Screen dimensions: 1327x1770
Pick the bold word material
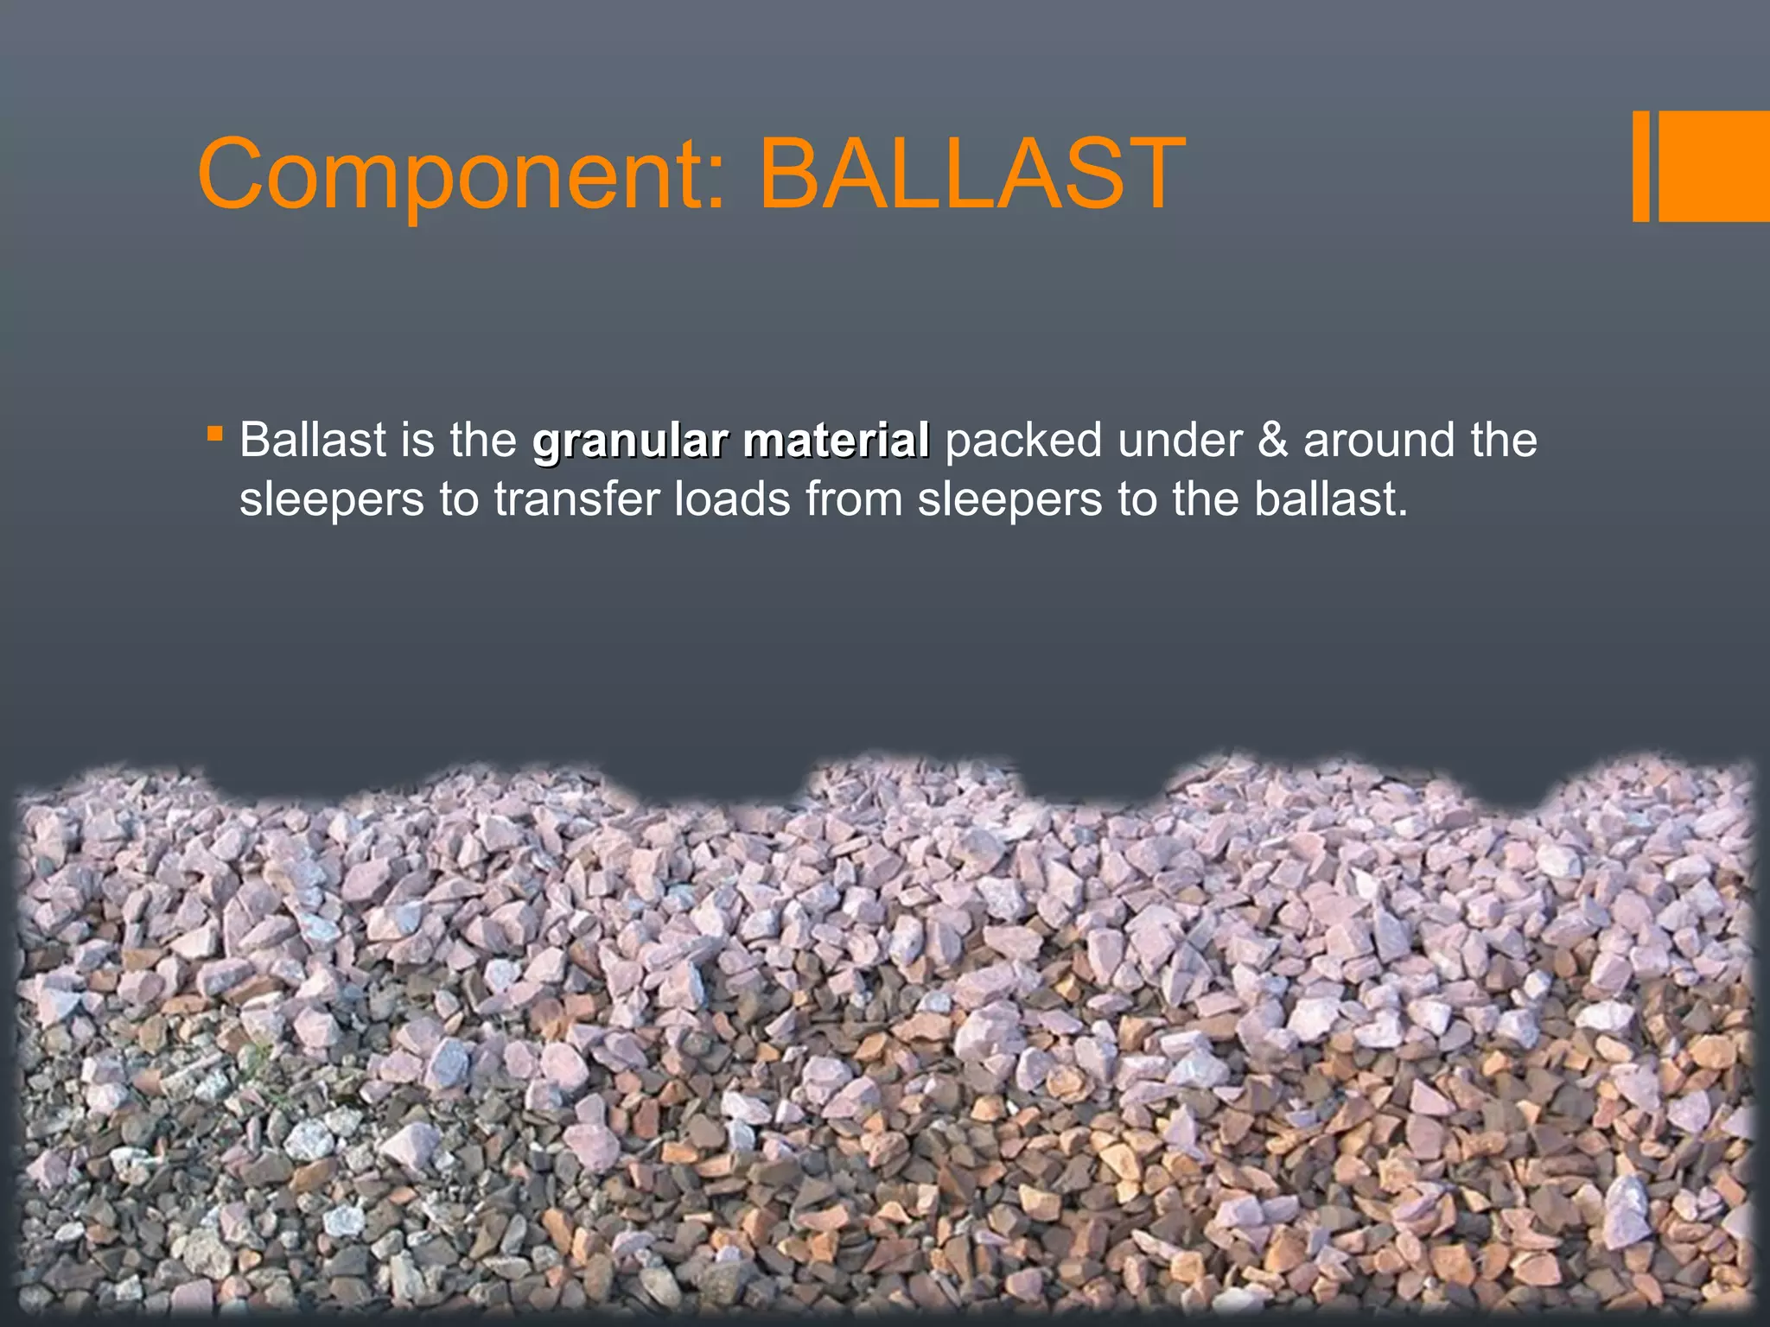pos(836,441)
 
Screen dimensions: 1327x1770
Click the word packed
pos(1023,441)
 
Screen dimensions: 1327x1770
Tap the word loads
pos(731,499)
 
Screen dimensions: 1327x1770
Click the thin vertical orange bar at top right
pos(1640,167)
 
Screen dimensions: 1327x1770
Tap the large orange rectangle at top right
pos(1715,167)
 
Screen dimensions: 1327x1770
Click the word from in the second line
pos(853,499)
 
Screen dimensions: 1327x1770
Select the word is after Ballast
pos(417,441)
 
